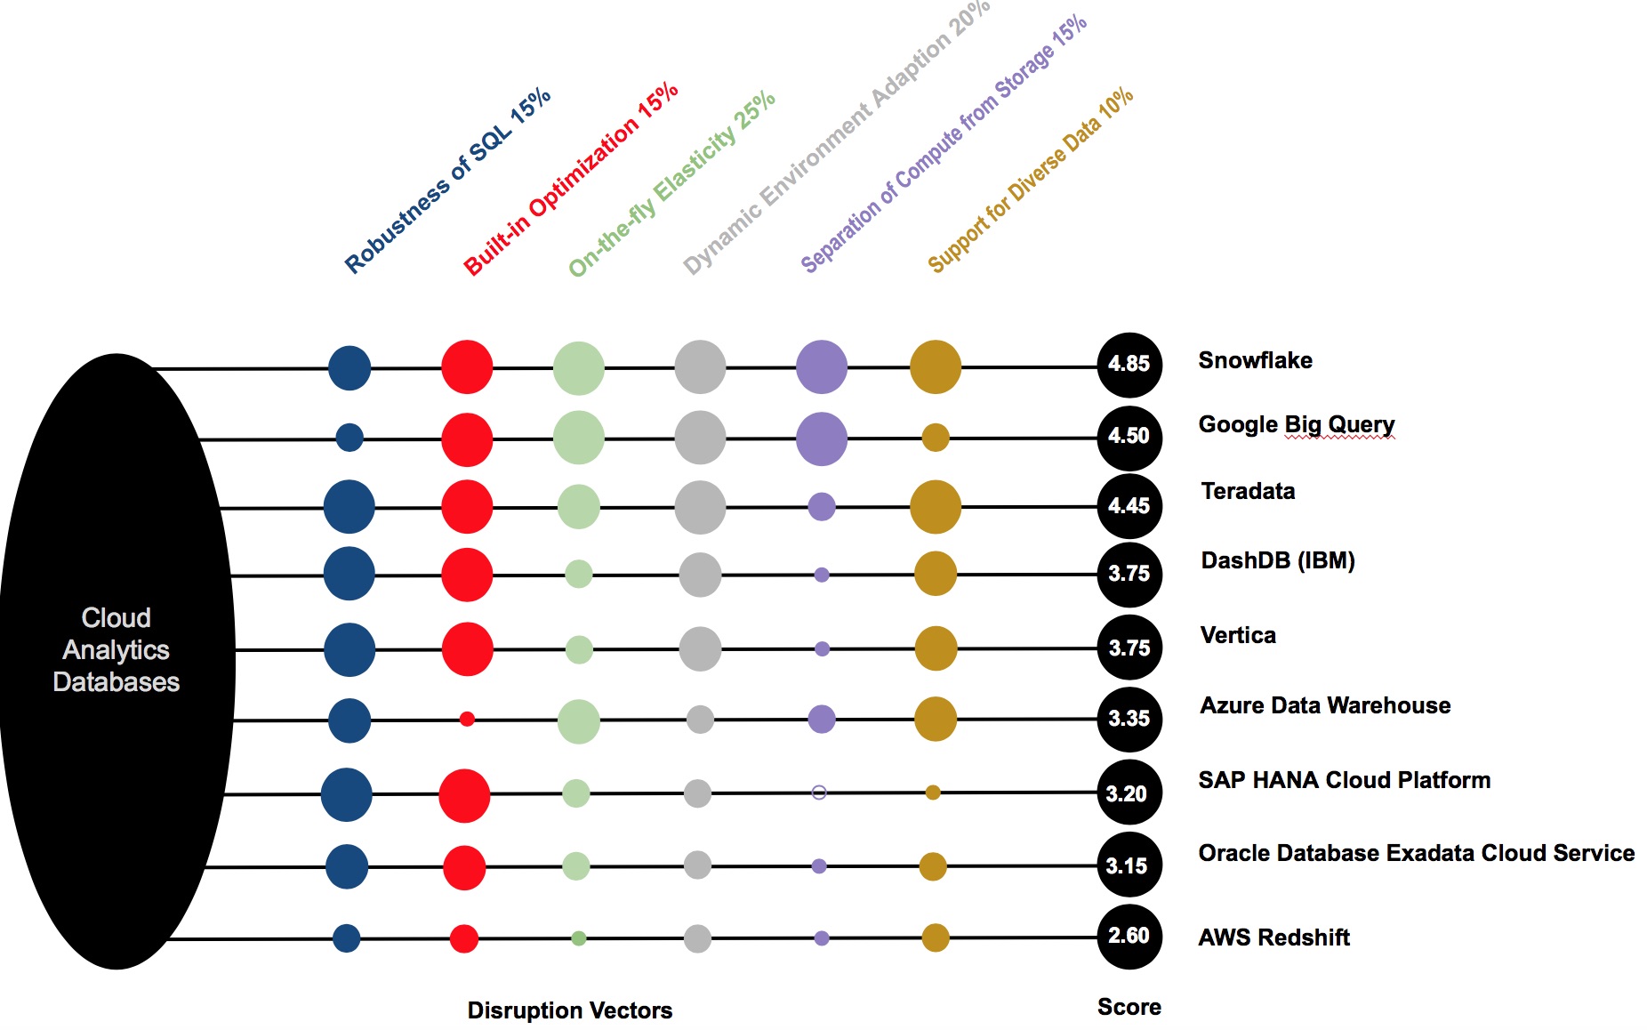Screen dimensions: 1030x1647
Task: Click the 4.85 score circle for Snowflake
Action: (1129, 364)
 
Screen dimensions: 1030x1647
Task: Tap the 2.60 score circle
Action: (1129, 936)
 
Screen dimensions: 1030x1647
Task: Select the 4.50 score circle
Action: (1129, 436)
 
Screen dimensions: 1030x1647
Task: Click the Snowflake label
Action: (1255, 360)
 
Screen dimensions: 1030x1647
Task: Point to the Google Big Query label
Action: (1296, 424)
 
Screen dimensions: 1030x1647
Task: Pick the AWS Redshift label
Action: (1273, 937)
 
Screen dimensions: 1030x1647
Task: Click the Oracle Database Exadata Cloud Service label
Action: (1416, 853)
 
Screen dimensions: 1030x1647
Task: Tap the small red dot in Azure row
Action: (467, 719)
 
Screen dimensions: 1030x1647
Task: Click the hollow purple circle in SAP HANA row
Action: (819, 793)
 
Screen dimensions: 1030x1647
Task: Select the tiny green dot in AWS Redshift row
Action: (578, 937)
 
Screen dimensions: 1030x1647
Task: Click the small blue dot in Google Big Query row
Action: (349, 437)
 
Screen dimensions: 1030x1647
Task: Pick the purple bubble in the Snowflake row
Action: (821, 366)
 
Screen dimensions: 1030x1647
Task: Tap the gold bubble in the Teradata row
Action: (935, 507)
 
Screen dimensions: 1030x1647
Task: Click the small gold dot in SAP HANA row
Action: (933, 793)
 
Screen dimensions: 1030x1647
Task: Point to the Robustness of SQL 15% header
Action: (447, 181)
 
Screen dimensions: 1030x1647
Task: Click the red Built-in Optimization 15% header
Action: (570, 179)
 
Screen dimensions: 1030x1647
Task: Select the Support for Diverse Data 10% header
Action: (1030, 180)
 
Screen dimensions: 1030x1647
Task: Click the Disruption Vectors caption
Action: (569, 1010)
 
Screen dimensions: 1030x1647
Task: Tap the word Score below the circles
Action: (1129, 1007)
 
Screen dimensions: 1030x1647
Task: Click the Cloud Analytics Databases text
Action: (116, 649)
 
